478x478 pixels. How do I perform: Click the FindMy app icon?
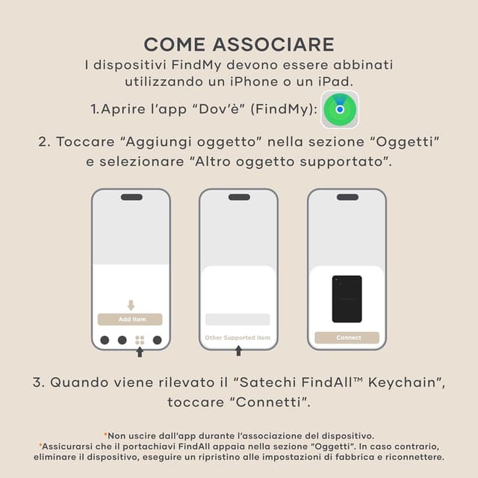340,109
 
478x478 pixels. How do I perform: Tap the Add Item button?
130,320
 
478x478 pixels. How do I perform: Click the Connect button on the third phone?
347,338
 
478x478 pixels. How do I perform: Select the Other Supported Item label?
238,338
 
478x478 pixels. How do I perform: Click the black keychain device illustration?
347,299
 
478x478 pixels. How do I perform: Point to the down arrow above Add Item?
131,305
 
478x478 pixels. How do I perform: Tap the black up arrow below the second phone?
239,350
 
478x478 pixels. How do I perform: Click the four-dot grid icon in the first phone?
140,340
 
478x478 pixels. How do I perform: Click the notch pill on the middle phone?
239,197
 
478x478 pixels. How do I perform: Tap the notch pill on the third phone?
347,197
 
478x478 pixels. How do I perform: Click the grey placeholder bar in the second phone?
238,319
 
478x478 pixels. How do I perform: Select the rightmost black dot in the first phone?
157,340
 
